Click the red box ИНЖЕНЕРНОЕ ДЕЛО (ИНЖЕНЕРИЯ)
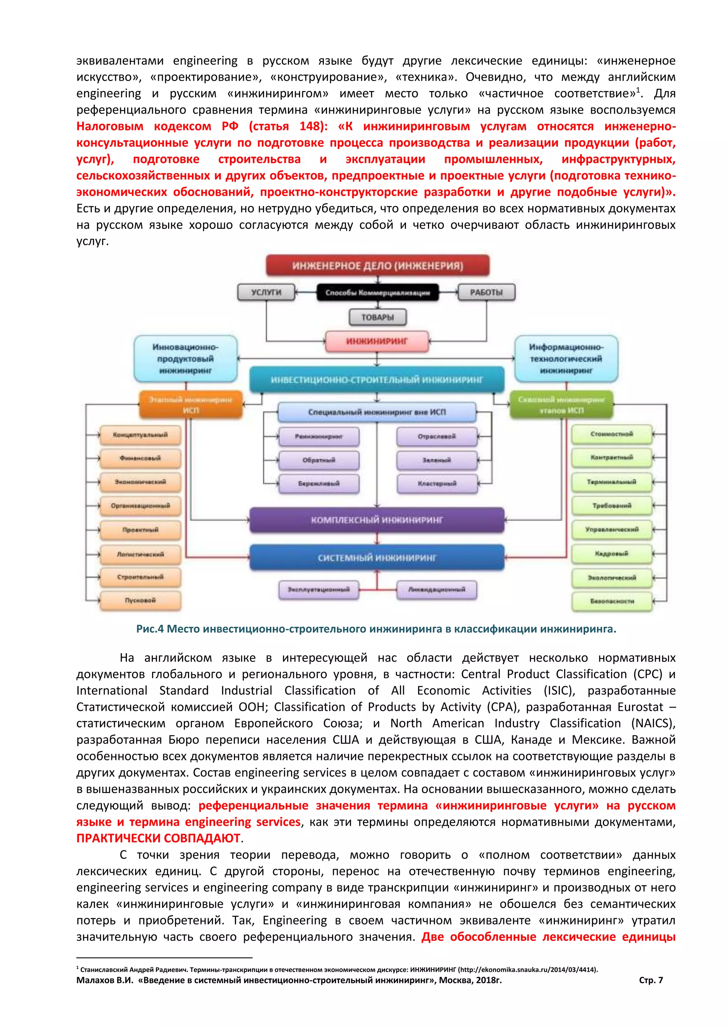378,265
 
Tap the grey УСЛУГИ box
266,292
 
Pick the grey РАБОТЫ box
486,292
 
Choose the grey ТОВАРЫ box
378,317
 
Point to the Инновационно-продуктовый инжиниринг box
185,359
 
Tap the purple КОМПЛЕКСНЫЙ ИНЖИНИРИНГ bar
376,520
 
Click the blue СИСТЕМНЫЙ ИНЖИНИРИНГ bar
376,557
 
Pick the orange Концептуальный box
140,435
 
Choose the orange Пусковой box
140,600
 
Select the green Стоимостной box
611,434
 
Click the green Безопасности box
611,601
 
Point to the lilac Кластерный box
437,484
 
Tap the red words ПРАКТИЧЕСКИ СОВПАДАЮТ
158,838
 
